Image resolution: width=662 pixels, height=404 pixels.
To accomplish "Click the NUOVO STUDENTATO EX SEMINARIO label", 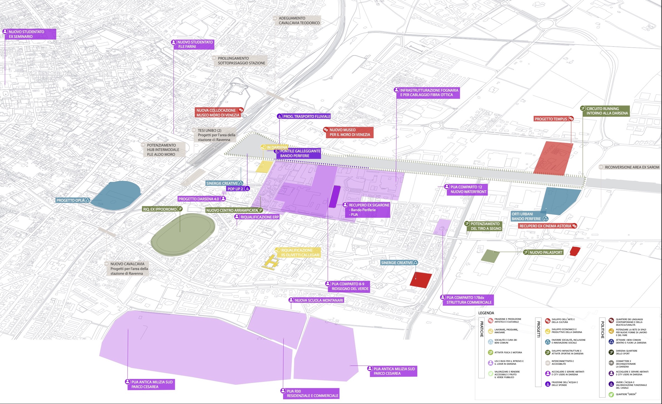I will point(29,34).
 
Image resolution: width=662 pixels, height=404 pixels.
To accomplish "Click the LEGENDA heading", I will point(486,313).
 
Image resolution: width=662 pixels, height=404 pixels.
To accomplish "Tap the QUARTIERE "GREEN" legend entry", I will point(624,394).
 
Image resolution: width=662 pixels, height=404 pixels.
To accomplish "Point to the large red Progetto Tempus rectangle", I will point(553,158).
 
